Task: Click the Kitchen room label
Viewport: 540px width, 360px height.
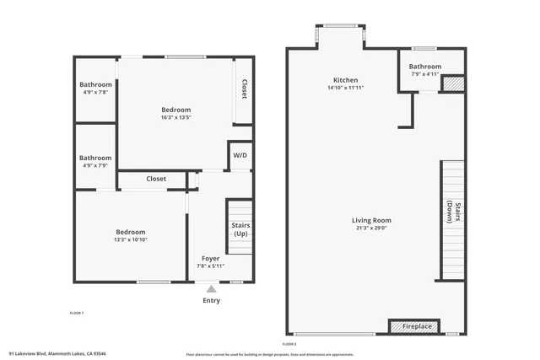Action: pos(346,80)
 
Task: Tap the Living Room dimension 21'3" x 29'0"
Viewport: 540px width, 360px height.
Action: pos(371,228)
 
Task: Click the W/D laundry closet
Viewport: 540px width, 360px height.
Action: pos(240,156)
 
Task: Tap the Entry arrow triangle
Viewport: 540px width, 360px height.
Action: pos(211,288)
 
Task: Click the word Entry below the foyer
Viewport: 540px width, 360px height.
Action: pos(211,301)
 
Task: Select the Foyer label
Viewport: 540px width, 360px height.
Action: pos(211,258)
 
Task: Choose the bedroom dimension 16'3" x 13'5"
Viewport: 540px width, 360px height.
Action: pos(176,118)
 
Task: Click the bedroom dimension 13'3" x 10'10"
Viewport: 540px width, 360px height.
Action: pos(131,240)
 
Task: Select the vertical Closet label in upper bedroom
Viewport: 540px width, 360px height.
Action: pos(244,89)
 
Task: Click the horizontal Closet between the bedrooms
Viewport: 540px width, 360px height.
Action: pos(156,179)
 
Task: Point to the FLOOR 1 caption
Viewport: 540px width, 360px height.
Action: pos(76,313)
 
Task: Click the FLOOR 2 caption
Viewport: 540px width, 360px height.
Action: pos(289,345)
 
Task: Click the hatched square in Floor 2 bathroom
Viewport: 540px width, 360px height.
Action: pos(453,84)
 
